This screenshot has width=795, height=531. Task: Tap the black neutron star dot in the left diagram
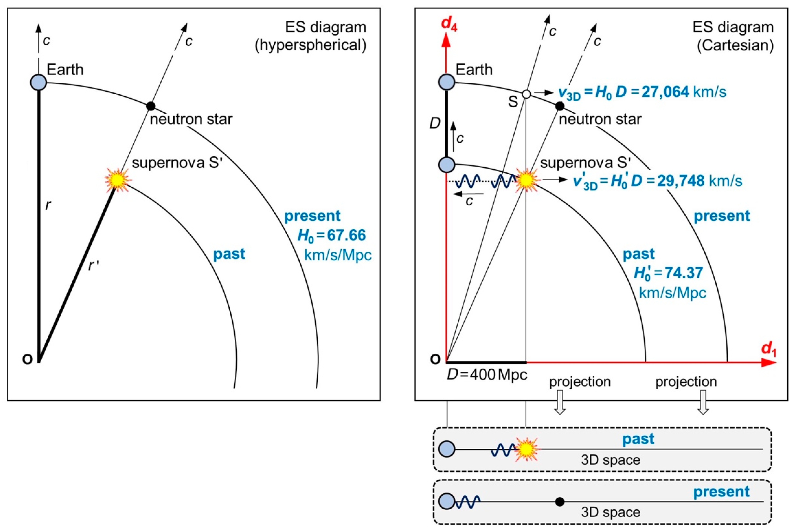[x=151, y=106]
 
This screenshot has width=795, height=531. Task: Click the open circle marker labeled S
[x=526, y=94]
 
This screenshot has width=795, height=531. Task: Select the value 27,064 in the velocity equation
[x=665, y=92]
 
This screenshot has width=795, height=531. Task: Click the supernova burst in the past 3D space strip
[x=526, y=449]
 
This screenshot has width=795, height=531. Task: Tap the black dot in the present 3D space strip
[x=560, y=501]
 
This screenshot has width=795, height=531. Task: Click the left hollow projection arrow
[x=560, y=402]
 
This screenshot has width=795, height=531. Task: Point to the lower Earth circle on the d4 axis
[x=447, y=165]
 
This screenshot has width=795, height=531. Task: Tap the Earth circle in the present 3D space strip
[x=447, y=501]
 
